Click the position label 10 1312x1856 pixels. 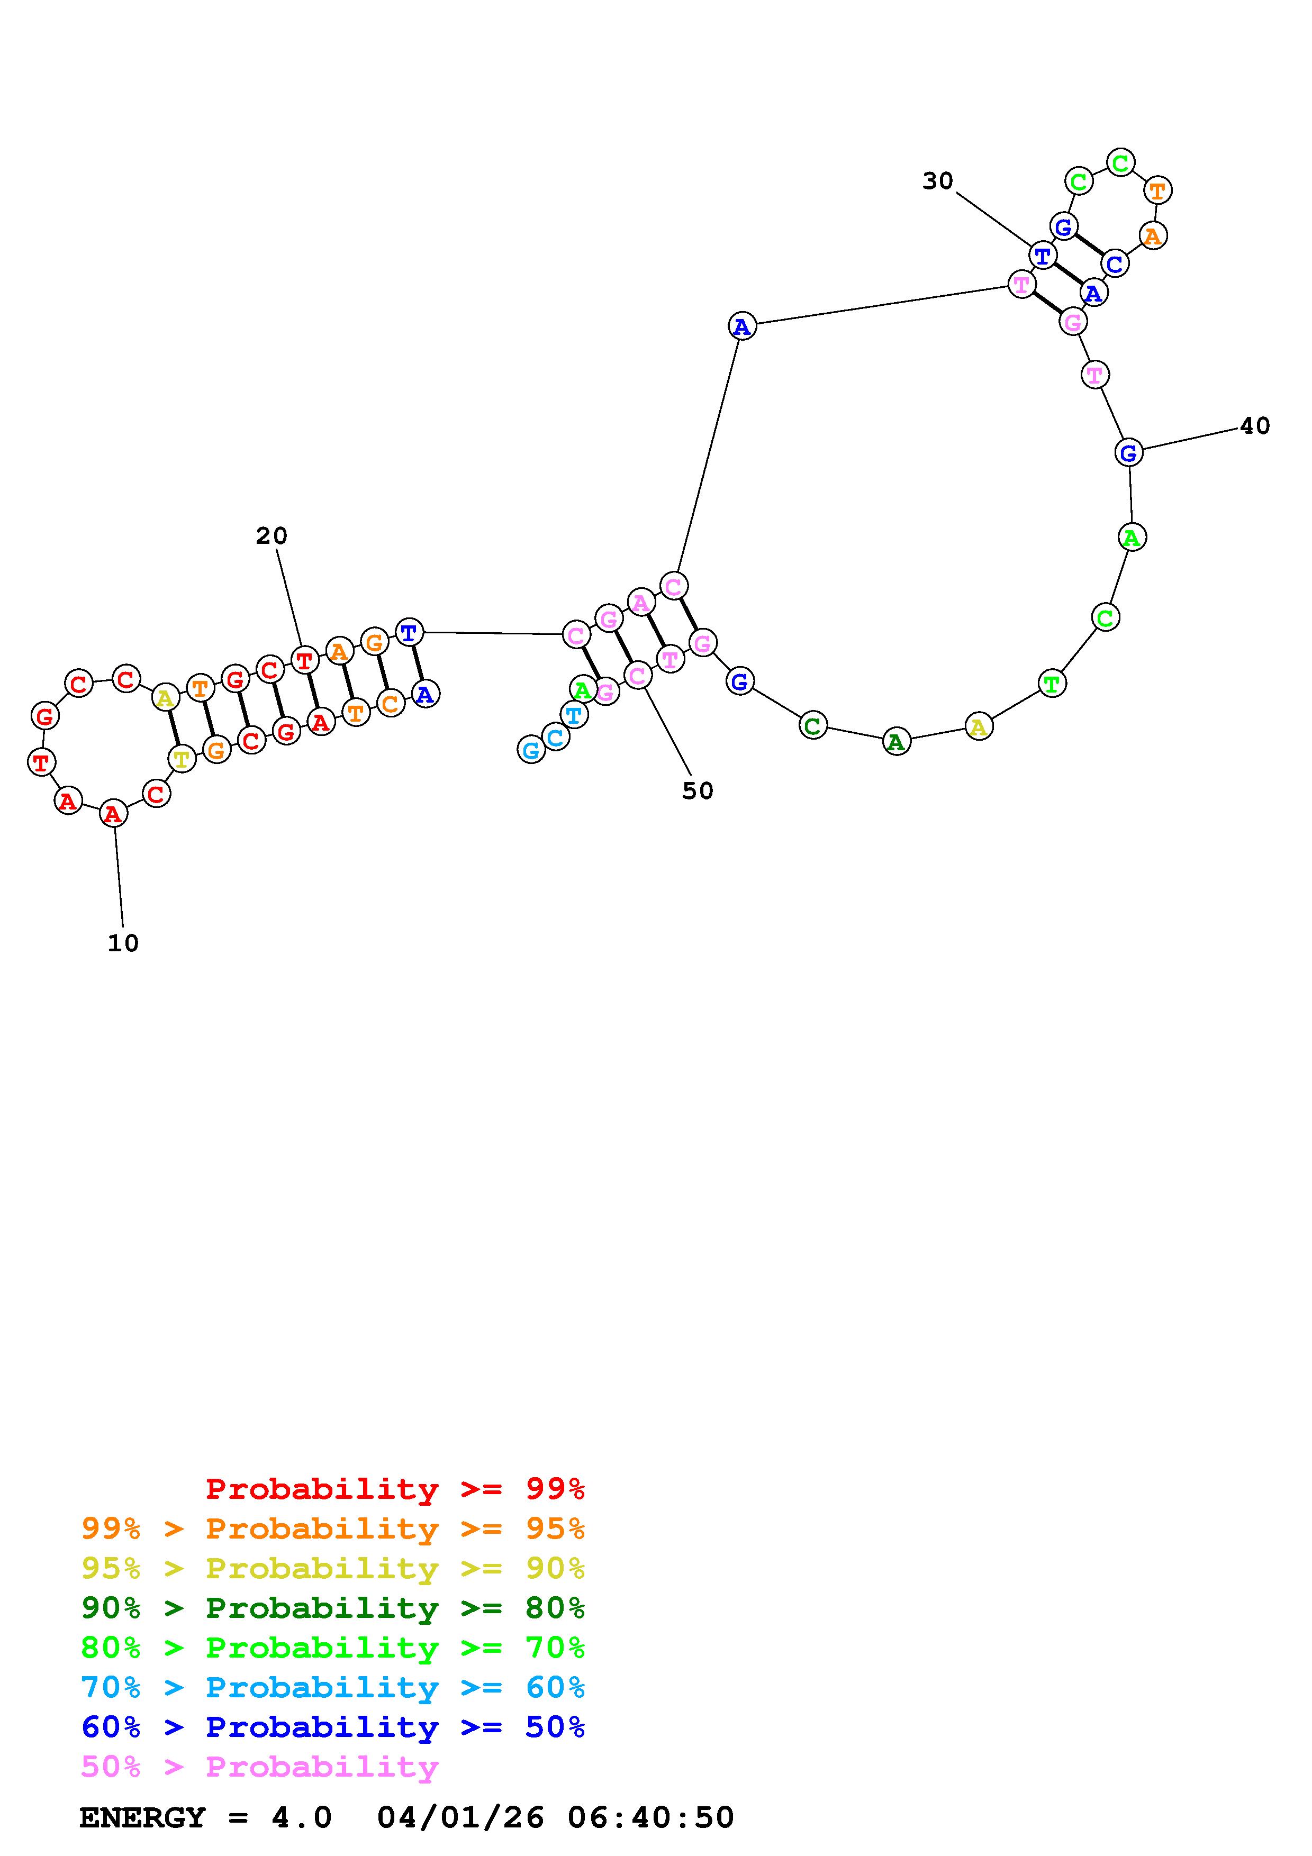click(x=123, y=943)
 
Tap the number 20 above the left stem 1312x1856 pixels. click(x=272, y=536)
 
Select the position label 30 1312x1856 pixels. click(x=938, y=181)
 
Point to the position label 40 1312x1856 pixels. click(x=1255, y=426)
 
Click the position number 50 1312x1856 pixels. click(x=698, y=791)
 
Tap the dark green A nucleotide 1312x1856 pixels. click(x=895, y=741)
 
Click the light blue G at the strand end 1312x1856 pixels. click(x=531, y=751)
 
